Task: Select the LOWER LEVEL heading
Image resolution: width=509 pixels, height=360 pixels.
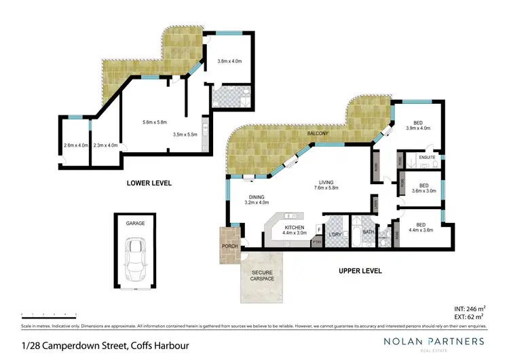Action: click(148, 183)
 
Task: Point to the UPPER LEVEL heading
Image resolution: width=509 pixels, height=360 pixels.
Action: click(360, 270)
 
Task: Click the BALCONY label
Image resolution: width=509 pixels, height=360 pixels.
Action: click(318, 134)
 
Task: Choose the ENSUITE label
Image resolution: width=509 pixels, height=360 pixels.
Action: click(427, 157)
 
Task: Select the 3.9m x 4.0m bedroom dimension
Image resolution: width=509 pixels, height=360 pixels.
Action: click(419, 128)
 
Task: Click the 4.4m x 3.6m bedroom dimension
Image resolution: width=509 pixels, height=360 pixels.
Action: click(421, 230)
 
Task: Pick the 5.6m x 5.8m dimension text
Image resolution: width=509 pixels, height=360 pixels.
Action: click(155, 122)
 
